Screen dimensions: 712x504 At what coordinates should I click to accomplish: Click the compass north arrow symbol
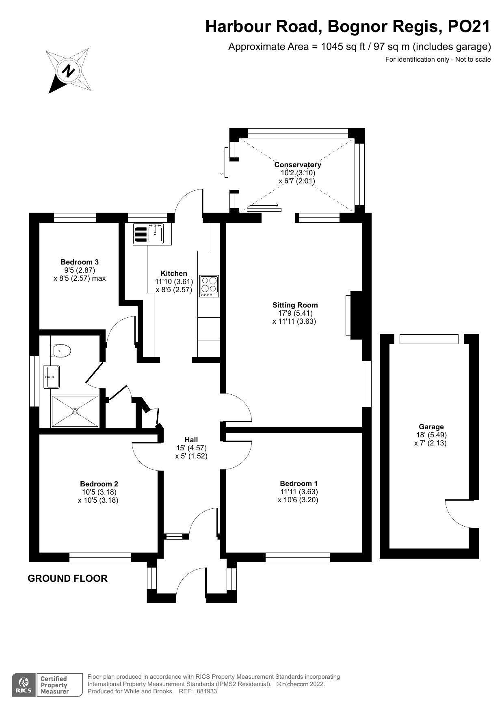coord(68,71)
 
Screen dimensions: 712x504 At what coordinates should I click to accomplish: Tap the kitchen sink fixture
coord(155,234)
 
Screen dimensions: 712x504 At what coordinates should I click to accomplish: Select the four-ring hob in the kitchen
coord(209,285)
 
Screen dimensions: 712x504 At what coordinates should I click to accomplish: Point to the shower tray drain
coord(75,411)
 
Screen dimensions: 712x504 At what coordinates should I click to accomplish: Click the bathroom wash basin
coord(52,376)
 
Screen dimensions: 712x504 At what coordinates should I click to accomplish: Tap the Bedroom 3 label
coord(80,262)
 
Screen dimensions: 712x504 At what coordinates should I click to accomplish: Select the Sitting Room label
coord(295,305)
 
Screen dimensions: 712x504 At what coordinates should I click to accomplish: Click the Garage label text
coord(431,426)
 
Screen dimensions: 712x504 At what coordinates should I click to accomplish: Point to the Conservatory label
coord(298,165)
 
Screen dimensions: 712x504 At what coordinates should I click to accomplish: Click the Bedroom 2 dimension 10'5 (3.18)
coord(99,492)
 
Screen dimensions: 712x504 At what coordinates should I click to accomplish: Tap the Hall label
coord(191,439)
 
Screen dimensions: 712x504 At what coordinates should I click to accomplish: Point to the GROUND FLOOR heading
coord(67,579)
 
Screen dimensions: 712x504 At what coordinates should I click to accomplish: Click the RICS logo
coord(24,685)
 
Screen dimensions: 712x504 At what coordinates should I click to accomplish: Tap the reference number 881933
coord(207,691)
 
